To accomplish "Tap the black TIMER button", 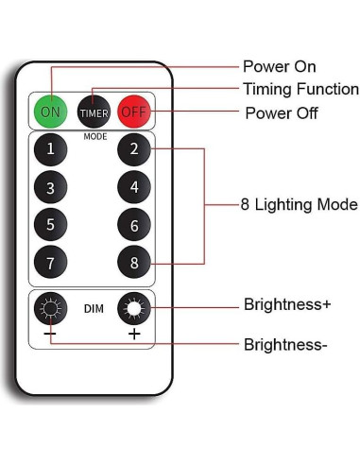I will [x=93, y=112].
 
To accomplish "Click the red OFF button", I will [x=134, y=112].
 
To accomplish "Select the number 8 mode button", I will [x=134, y=262].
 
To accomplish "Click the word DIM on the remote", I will [x=93, y=309].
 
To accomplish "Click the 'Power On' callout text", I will [x=279, y=66].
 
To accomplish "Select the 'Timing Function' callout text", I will [x=300, y=89].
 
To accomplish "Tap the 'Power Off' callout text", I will [x=281, y=113].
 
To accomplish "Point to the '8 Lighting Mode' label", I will [x=300, y=204].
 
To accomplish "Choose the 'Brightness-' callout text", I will [x=285, y=345].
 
